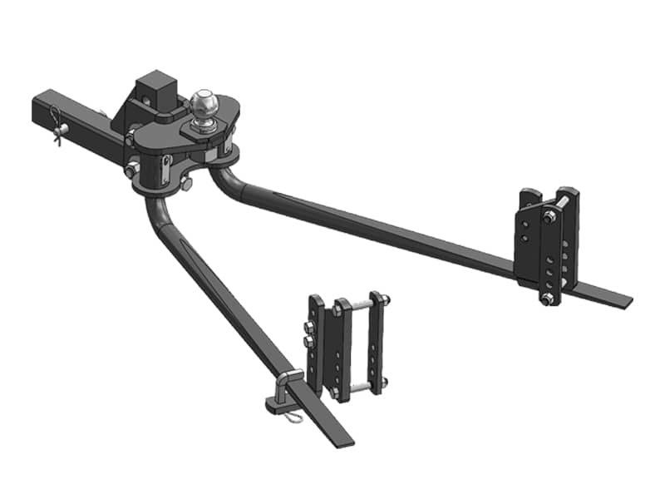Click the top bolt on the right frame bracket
[550, 218]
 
